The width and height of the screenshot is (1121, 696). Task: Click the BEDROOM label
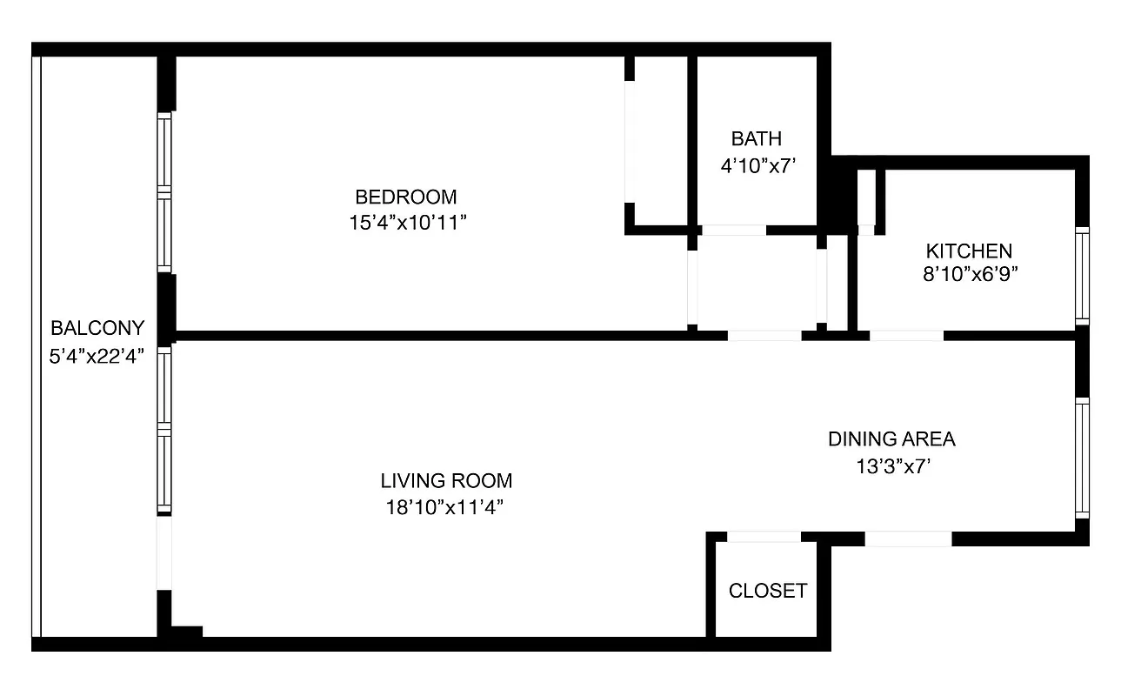click(x=405, y=197)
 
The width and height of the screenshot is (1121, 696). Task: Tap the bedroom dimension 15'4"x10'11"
click(x=408, y=223)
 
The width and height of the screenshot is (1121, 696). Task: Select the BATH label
click(x=756, y=138)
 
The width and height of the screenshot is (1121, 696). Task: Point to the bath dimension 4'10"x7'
click(x=758, y=165)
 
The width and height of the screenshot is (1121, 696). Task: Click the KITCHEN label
click(x=969, y=251)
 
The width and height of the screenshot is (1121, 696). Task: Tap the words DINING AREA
click(x=891, y=439)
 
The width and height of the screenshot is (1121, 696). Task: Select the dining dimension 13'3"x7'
click(x=893, y=466)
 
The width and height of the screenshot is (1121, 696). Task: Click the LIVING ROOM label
click(x=446, y=480)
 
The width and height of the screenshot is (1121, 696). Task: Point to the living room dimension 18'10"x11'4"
click(x=445, y=507)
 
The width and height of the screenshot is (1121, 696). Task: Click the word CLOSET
click(x=768, y=591)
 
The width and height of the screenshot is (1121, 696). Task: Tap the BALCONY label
click(x=97, y=328)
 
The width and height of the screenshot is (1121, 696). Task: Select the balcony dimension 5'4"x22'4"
click(x=97, y=354)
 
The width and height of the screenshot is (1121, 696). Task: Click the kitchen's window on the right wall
click(x=1081, y=276)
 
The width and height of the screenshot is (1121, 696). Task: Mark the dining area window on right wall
click(x=1081, y=458)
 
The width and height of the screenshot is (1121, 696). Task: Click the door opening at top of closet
click(x=764, y=537)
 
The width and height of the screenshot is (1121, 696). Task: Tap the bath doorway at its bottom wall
click(x=733, y=231)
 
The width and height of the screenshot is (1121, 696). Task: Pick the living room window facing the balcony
click(x=164, y=430)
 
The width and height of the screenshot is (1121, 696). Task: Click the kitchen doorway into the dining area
click(x=905, y=335)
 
